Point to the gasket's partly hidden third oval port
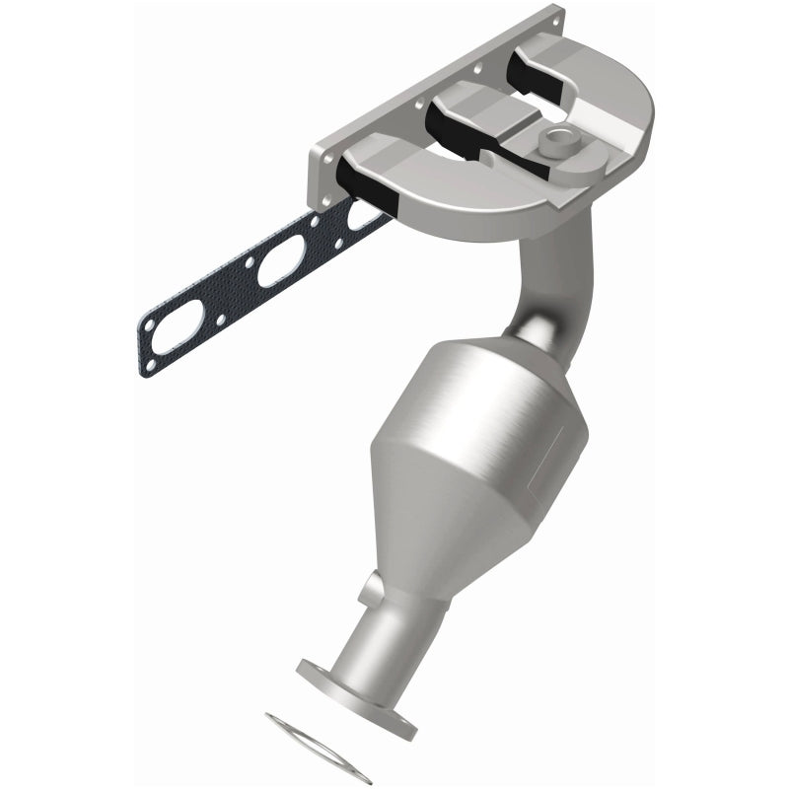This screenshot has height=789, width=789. (361, 214)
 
